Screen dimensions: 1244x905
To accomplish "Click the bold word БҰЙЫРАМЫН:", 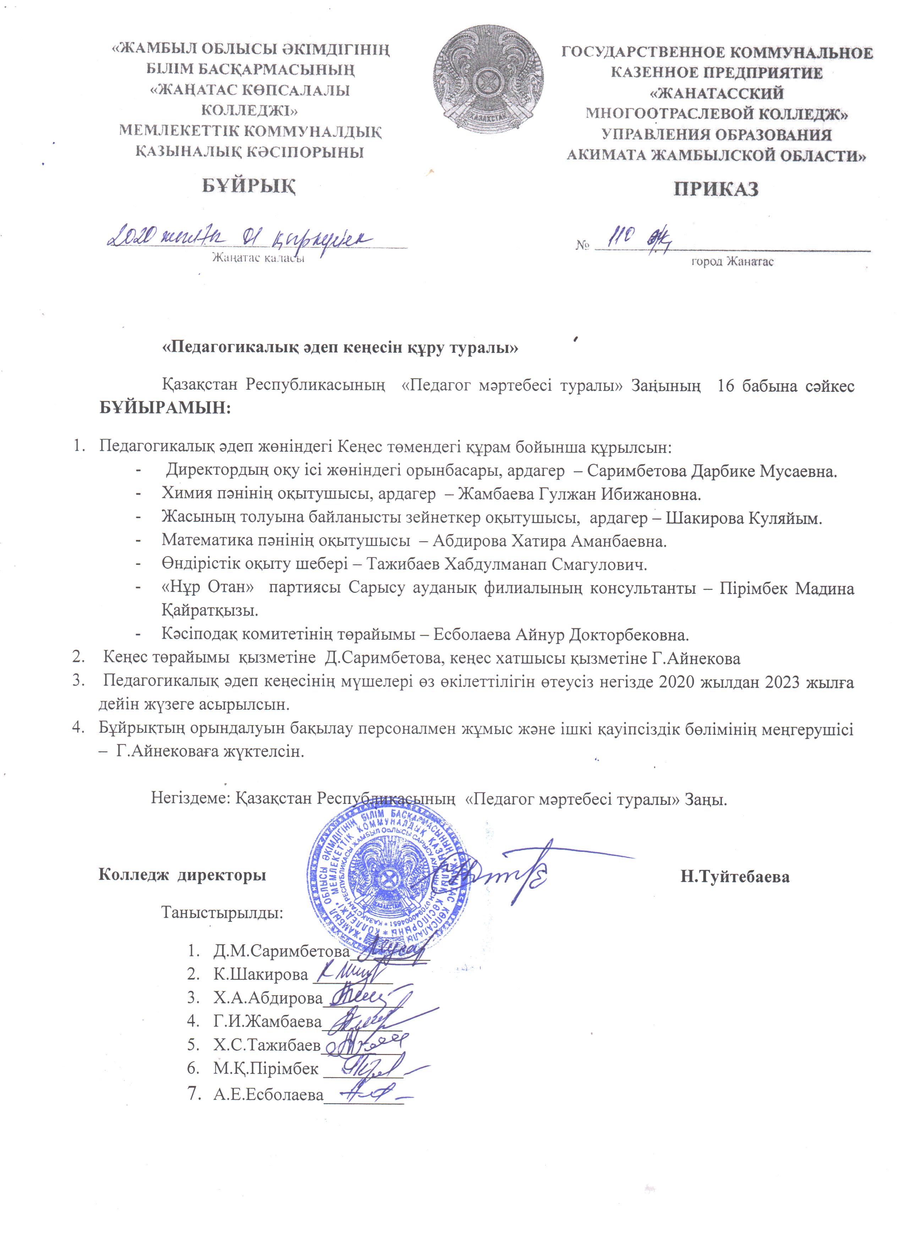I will click(165, 409).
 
